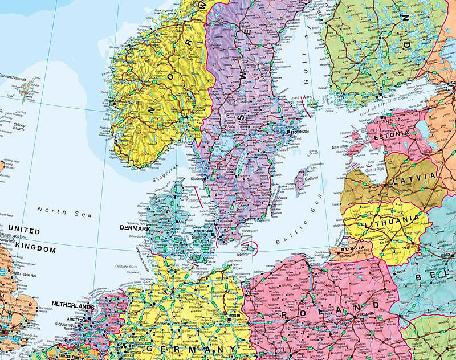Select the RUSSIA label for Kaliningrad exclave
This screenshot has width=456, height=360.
point(352,249)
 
